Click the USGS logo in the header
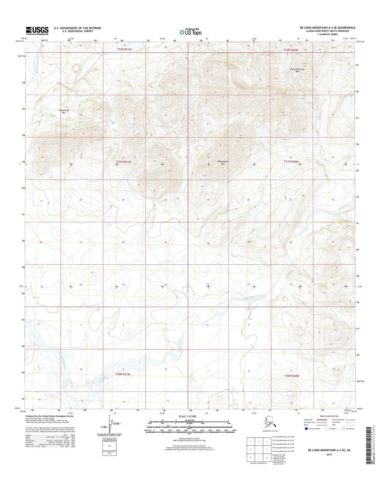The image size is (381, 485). coord(37,31)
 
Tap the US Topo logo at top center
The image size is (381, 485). coord(190,32)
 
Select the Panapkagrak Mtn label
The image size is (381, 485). coord(223,162)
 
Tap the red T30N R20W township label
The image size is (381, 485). coord(292,376)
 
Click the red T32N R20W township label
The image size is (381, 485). coord(291,50)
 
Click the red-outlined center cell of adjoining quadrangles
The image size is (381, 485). coord(259,450)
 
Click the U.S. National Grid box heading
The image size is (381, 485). coord(109,439)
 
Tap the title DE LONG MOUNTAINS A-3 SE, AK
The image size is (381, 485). coord(329,450)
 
